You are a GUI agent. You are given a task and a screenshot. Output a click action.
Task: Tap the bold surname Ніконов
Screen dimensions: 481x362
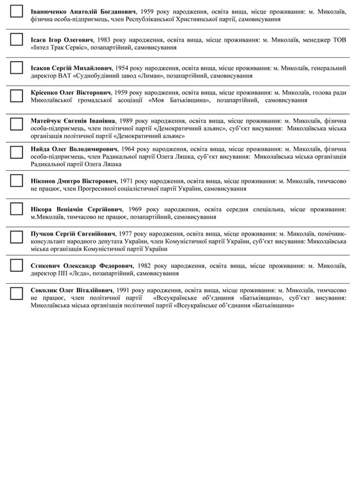[x=45, y=181]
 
